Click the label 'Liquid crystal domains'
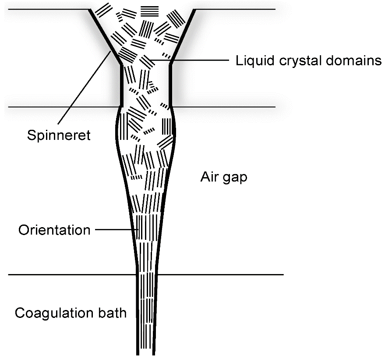point(309,61)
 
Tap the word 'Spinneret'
point(58,135)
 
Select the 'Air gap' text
point(224,177)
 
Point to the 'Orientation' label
point(54,230)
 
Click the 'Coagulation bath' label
point(71,313)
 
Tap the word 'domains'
point(357,60)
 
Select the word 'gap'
point(237,178)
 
